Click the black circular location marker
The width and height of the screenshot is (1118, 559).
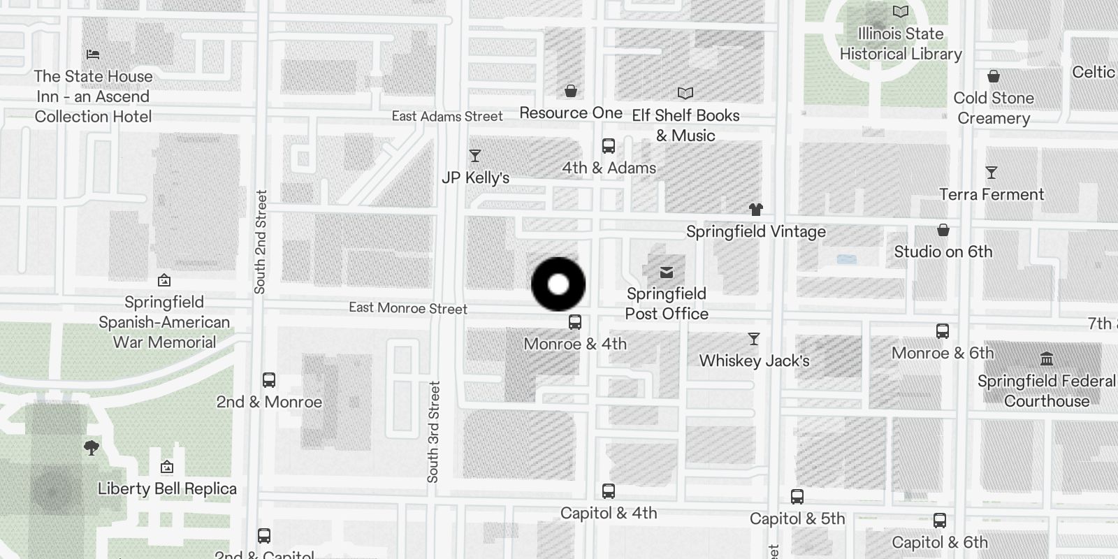[x=558, y=284]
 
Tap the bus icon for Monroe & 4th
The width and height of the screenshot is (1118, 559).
[x=575, y=322]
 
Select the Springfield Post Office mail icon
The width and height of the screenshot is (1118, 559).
[x=667, y=272]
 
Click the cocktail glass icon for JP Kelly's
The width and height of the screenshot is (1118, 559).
[x=475, y=156]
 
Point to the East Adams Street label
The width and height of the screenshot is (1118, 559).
[x=447, y=117]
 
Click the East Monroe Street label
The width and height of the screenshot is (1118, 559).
[x=408, y=308]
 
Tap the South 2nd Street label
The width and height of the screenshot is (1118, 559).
[x=261, y=242]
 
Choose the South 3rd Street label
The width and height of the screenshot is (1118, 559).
[x=433, y=432]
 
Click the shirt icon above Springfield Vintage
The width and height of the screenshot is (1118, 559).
[x=755, y=209]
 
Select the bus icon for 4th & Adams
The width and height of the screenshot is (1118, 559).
[x=609, y=146]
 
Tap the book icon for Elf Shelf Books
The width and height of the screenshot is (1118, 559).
[x=685, y=94]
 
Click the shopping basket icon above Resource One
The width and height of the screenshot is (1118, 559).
[x=571, y=91]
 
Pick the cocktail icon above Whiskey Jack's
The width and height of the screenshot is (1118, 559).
[x=754, y=339]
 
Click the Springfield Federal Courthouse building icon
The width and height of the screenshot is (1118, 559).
[x=1047, y=359]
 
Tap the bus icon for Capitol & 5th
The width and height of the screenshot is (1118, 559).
[x=797, y=497]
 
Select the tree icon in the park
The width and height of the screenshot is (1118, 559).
[x=92, y=447]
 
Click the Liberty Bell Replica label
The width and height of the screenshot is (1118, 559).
[x=167, y=488]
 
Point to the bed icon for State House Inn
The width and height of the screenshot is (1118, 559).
[x=93, y=54]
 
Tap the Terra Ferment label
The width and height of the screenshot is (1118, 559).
[x=992, y=194]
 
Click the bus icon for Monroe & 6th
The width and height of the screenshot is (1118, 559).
[x=943, y=331]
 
